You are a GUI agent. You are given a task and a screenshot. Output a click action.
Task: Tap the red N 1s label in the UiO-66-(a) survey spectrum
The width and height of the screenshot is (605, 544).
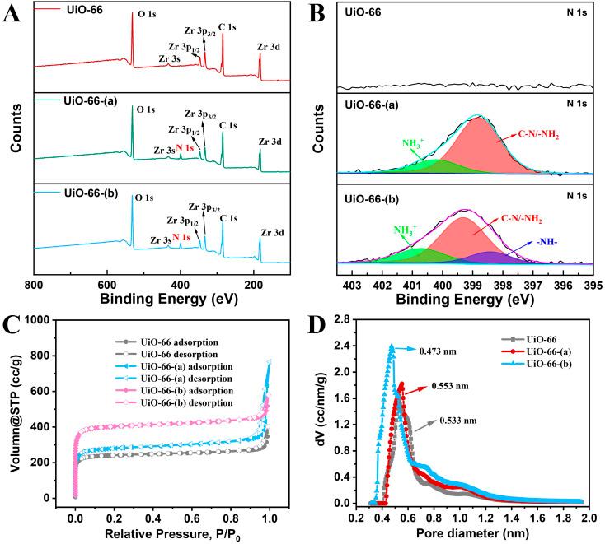coord(186,148)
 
